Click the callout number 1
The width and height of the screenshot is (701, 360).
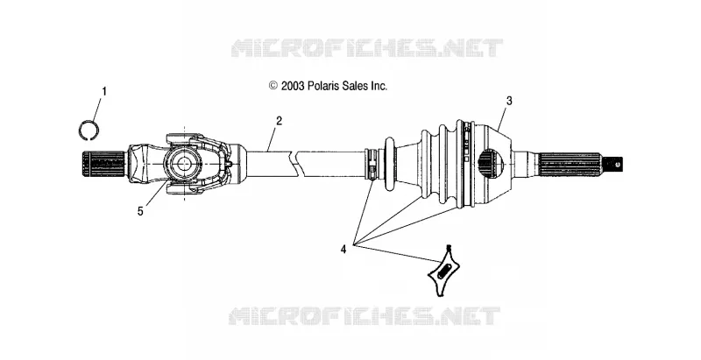[104, 92]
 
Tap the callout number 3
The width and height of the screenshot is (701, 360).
[509, 101]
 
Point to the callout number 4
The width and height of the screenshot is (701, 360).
[343, 250]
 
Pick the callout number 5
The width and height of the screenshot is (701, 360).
[140, 212]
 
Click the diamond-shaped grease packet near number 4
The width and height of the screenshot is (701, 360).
[443, 272]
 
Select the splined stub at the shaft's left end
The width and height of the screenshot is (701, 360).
[103, 165]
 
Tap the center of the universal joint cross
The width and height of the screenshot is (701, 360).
[183, 164]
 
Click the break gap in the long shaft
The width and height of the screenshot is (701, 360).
[294, 162]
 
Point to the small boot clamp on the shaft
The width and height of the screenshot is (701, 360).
[372, 165]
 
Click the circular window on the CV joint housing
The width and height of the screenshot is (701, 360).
[492, 164]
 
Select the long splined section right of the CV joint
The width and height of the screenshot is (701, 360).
[569, 164]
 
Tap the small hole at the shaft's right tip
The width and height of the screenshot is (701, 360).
[618, 164]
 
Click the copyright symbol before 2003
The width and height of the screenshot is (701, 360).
[273, 86]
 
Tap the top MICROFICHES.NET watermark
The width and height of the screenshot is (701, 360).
[367, 48]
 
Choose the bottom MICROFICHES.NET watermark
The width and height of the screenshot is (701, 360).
[364, 316]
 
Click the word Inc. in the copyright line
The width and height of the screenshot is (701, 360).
[379, 86]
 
